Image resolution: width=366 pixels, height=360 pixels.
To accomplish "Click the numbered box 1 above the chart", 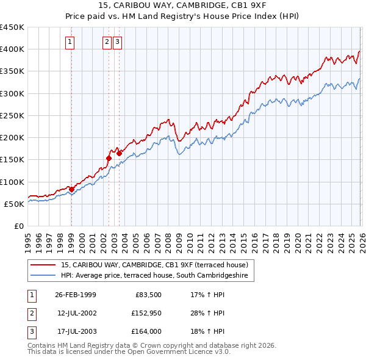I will click(70, 42).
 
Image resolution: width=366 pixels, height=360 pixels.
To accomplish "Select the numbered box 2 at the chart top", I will click(107, 42).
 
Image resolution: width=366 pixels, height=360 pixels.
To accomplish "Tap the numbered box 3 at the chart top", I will click(117, 42).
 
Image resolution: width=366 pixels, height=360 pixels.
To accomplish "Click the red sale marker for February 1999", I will click(71, 189).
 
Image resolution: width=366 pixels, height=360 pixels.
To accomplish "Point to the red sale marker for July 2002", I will click(109, 158).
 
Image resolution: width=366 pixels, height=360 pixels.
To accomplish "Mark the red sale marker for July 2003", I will click(120, 153).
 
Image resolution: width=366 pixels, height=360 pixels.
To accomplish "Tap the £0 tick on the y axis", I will click(18, 226).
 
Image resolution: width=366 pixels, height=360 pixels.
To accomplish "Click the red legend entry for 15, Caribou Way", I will click(154, 265).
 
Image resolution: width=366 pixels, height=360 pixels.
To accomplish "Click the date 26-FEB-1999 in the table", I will click(76, 295).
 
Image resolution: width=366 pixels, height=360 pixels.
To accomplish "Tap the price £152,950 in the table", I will click(145, 313).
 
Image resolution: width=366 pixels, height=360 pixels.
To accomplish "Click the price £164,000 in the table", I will click(145, 331).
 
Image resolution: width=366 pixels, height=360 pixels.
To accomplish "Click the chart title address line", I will click(182, 6).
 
